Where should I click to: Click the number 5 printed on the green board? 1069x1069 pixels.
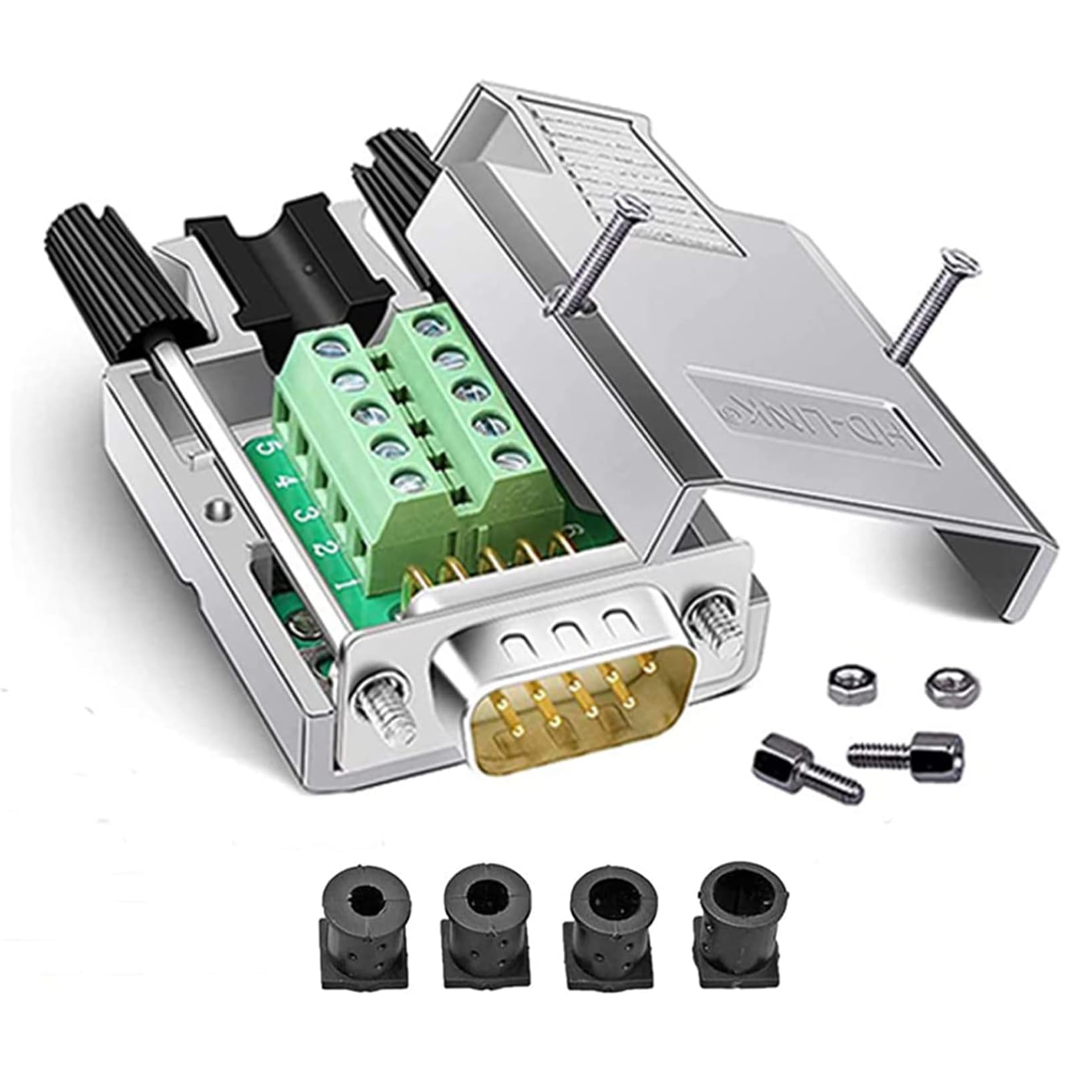(267, 446)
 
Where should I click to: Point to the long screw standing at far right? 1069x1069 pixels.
(929, 307)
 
